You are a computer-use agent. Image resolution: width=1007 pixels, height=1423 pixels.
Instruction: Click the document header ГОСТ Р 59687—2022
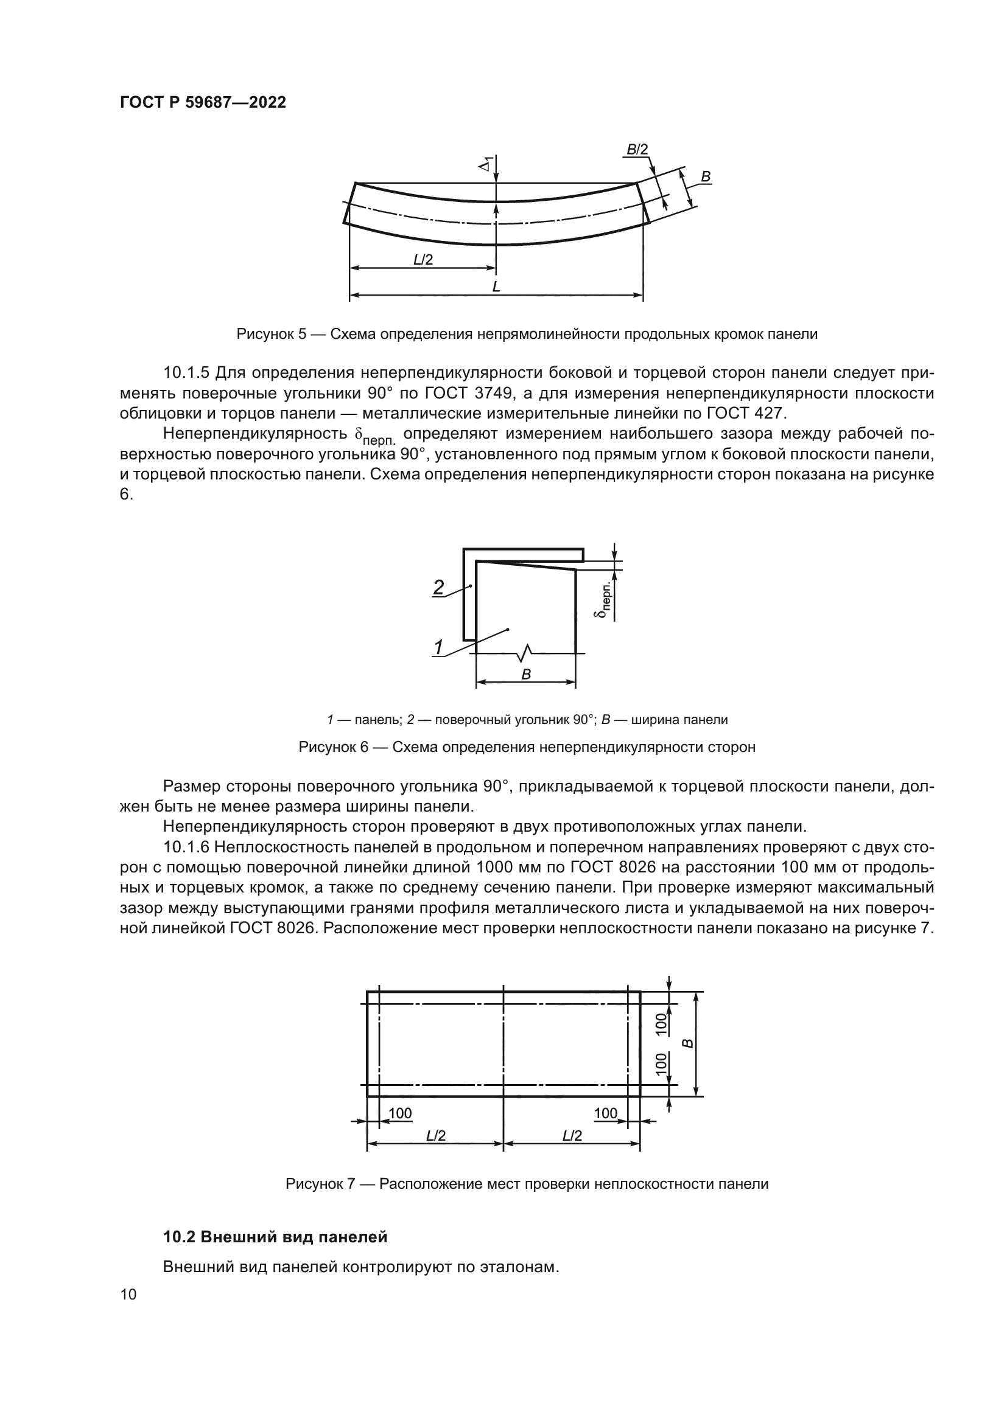point(203,103)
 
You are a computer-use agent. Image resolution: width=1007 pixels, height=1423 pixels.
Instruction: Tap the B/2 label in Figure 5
point(637,150)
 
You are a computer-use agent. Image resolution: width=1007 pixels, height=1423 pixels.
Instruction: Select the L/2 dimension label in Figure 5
point(423,260)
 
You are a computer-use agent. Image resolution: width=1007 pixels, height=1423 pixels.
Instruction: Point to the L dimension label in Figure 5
point(496,287)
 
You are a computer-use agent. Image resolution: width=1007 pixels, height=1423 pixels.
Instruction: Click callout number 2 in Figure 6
point(438,587)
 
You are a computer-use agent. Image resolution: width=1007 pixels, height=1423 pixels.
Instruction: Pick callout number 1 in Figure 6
point(438,647)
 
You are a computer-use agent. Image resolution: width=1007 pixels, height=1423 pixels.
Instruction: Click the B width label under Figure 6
point(526,674)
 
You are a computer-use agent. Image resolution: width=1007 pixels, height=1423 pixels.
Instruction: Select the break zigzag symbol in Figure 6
point(525,652)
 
